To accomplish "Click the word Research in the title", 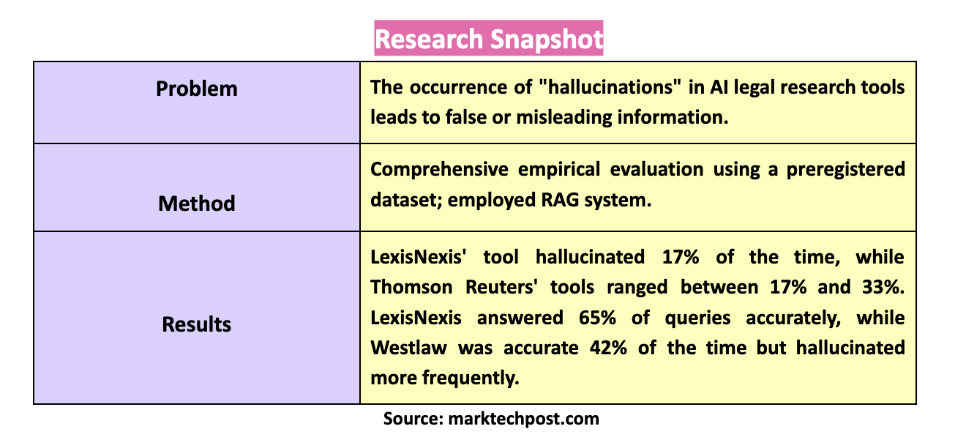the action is [x=429, y=40].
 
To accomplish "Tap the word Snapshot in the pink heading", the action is [x=547, y=40].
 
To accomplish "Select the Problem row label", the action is [x=197, y=89].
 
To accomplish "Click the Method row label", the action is [x=197, y=204].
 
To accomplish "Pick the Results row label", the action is [x=197, y=324].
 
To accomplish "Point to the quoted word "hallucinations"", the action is [x=610, y=87].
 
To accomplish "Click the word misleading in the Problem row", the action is [x=564, y=118].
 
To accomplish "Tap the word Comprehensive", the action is [x=439, y=170].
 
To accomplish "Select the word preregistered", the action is [x=846, y=170].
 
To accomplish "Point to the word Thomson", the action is [x=411, y=287].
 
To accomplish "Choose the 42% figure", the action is [x=608, y=348].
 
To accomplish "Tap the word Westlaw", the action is [x=409, y=348].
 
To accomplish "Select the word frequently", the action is [x=471, y=378].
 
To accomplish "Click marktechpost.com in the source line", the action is [x=523, y=419].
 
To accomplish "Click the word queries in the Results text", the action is [x=697, y=318].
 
